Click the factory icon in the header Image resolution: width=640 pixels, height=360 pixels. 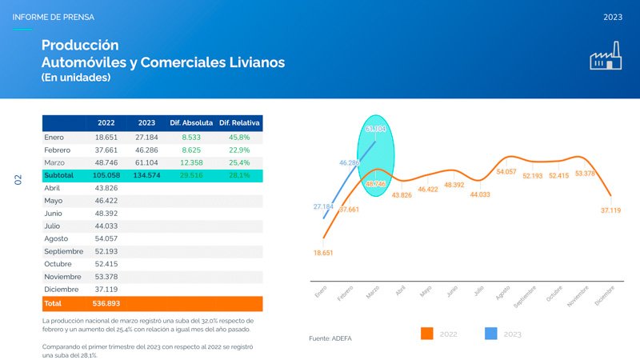tap(606, 58)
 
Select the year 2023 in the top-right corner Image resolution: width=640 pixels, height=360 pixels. tap(614, 16)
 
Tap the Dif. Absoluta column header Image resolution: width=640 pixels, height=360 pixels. tap(191, 123)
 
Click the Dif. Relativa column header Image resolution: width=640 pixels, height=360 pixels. tap(240, 123)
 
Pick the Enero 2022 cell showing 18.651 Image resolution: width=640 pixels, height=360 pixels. tap(106, 138)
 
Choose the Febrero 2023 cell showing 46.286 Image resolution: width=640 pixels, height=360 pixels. tap(146, 150)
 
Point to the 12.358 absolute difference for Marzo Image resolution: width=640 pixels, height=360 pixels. tap(191, 162)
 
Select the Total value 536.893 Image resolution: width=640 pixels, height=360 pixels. tap(106, 304)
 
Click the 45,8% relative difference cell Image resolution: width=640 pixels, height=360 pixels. tap(240, 138)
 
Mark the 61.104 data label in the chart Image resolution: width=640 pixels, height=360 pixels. tap(375, 129)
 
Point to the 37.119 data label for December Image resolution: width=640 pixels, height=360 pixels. tap(610, 210)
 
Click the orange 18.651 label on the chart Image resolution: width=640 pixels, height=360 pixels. tap(323, 252)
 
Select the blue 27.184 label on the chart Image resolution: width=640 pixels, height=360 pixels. tap(322, 206)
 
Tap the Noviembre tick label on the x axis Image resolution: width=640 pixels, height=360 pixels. tap(578, 297)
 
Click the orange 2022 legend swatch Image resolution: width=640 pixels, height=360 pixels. tap(426, 333)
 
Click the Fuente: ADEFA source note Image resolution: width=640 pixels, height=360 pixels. tap(330, 338)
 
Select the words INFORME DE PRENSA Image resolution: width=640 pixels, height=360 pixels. tap(53, 16)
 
